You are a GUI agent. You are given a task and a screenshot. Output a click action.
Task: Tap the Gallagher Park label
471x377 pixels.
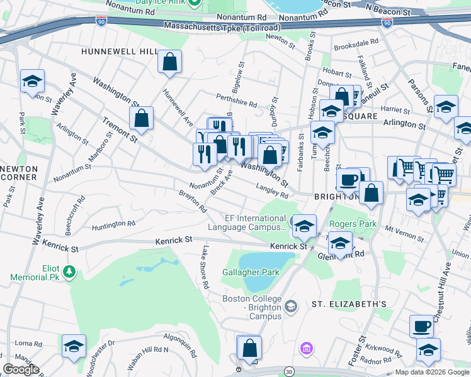click(250, 273)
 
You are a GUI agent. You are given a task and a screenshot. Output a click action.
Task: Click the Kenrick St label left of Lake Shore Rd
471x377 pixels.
click(174, 239)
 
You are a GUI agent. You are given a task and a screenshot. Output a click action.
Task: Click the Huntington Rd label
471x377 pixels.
click(113, 224)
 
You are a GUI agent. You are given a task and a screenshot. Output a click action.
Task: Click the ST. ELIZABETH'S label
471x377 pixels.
click(349, 304)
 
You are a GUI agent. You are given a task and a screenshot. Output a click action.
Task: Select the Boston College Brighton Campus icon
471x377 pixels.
click(290, 306)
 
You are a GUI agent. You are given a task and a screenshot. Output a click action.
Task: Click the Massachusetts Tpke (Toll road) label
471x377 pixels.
click(229, 26)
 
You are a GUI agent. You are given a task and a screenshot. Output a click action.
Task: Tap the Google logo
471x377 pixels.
click(21, 369)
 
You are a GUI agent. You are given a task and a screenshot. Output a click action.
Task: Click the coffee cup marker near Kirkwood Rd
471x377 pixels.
click(421, 325)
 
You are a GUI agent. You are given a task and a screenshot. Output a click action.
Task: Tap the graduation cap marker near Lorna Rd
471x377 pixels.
click(74, 346)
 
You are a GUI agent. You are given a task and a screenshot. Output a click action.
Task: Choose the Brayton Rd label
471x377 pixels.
click(193, 200)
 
